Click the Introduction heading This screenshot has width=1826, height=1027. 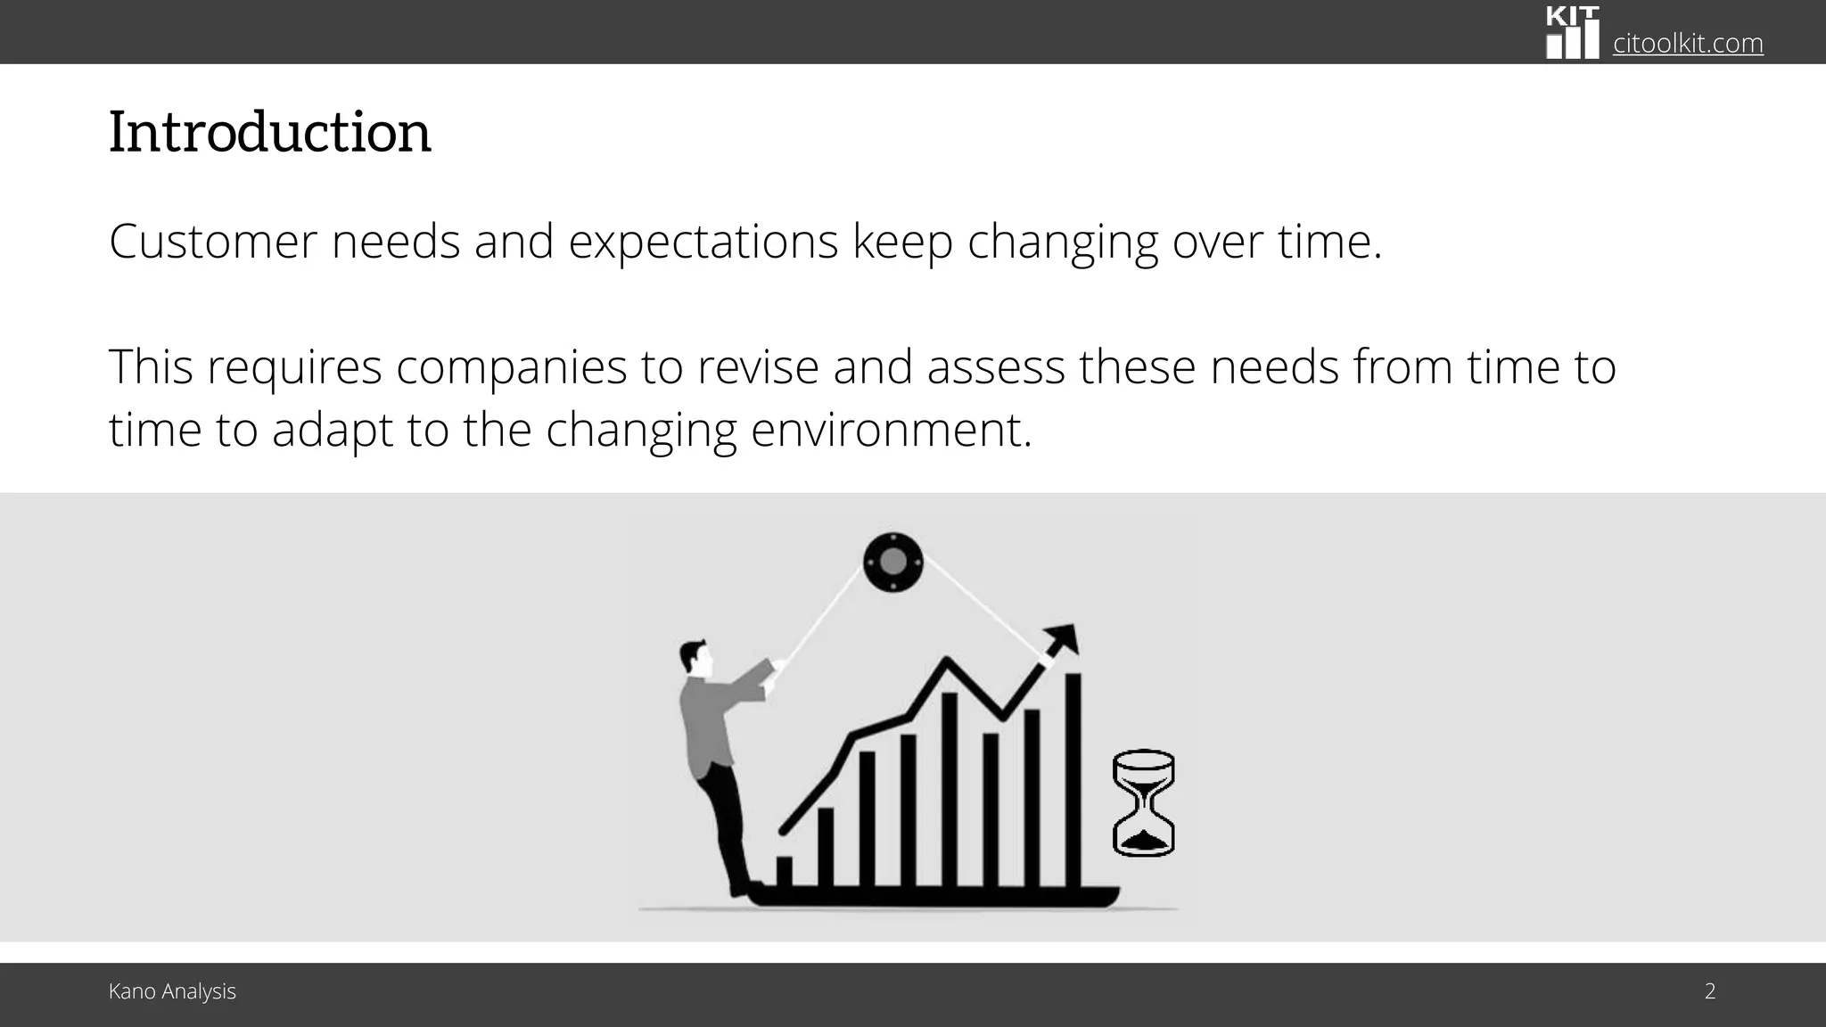269,132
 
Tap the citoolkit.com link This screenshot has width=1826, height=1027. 1688,43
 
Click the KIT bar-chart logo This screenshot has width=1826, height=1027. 1572,33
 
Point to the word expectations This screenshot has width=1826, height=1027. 703,242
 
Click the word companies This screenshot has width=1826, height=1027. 512,367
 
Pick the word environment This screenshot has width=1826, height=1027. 891,430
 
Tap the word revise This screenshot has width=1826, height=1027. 758,367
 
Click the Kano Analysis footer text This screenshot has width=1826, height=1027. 172,991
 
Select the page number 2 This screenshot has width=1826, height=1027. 1710,991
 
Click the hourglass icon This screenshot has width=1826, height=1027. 1144,803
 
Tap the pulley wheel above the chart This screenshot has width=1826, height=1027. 892,562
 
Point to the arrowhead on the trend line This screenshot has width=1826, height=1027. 1062,639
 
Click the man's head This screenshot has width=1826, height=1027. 695,658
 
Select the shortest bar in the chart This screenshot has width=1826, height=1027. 785,871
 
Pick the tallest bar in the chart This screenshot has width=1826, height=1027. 1073,780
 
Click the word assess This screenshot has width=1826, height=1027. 996,367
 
